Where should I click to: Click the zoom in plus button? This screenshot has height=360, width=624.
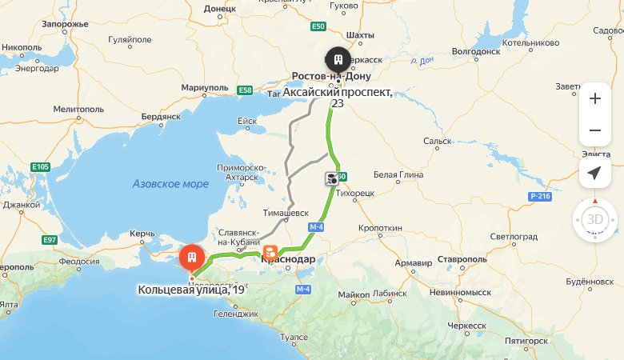pyautogui.click(x=594, y=99)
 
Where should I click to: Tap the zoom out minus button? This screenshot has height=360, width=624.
pyautogui.click(x=594, y=130)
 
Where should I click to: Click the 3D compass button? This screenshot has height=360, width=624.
pyautogui.click(x=594, y=219)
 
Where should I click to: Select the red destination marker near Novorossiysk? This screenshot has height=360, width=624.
pyautogui.click(x=191, y=258)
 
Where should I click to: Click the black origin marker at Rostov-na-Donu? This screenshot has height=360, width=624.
pyautogui.click(x=337, y=60)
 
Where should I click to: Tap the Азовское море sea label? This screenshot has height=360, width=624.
pyautogui.click(x=170, y=184)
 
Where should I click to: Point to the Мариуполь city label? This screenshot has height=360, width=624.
pyautogui.click(x=205, y=86)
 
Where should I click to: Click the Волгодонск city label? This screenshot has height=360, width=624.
pyautogui.click(x=476, y=51)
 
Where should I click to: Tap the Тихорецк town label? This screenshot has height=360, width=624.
pyautogui.click(x=355, y=194)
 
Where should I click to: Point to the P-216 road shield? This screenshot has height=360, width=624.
pyautogui.click(x=540, y=196)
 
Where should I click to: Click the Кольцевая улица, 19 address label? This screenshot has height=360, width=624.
pyautogui.click(x=190, y=290)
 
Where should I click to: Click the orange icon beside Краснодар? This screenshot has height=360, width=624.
pyautogui.click(x=271, y=251)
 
